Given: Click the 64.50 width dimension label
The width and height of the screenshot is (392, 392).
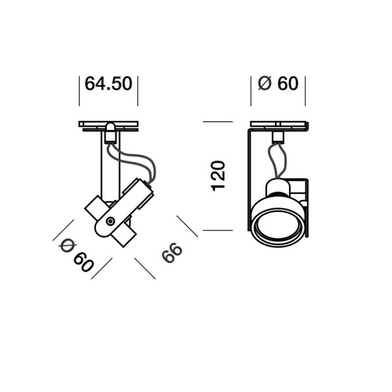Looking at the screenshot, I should [108, 84].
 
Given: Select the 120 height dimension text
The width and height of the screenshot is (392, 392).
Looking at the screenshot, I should [218, 175].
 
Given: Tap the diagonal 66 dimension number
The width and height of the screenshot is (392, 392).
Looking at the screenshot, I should [171, 253].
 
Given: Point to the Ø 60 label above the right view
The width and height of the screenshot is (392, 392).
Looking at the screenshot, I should [278, 84].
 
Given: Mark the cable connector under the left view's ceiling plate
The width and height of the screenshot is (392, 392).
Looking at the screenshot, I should [111, 133].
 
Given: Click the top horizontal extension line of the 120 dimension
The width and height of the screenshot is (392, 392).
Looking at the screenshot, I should [218, 122].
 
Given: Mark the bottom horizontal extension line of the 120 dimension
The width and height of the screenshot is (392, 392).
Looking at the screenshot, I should [218, 230].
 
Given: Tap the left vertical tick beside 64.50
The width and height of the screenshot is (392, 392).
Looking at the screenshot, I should [79, 91].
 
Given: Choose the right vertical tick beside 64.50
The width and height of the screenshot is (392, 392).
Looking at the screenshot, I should [138, 91].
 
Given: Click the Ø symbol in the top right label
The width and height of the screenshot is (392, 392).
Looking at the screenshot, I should [264, 84].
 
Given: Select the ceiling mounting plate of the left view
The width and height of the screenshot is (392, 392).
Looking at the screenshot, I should [108, 125].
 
